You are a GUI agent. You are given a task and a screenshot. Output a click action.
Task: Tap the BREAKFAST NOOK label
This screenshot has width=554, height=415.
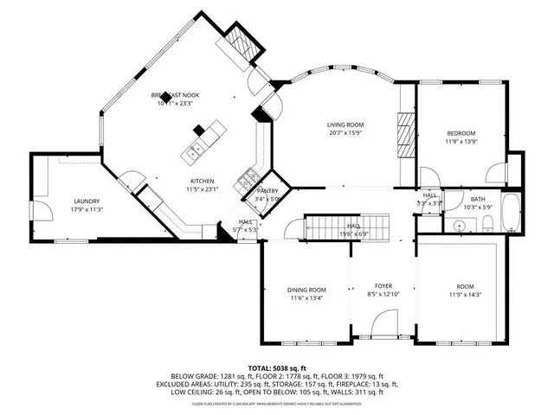[x=176, y=94]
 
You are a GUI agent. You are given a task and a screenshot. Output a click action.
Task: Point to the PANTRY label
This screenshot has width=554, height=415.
[x=267, y=191]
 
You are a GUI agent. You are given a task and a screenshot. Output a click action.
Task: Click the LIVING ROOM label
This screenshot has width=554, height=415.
[x=344, y=124]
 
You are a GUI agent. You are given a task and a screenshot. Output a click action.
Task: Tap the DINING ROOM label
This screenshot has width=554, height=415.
[x=306, y=290]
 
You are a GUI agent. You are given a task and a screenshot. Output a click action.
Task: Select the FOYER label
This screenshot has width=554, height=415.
[x=383, y=285]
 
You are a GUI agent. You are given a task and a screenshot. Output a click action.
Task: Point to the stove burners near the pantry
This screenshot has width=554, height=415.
[x=248, y=181]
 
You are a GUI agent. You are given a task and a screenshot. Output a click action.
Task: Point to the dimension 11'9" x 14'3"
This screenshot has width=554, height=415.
[x=460, y=295]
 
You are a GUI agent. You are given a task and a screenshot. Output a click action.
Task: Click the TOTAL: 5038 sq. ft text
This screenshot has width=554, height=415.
[x=276, y=367]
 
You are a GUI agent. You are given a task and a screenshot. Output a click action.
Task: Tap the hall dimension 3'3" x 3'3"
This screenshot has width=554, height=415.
[x=429, y=203]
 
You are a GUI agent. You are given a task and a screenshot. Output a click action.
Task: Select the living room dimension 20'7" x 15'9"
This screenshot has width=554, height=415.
[x=344, y=133]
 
